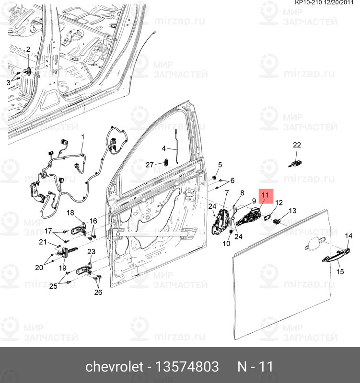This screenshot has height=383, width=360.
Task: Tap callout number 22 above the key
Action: point(297,145)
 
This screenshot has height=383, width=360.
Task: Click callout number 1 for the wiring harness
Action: point(82,137)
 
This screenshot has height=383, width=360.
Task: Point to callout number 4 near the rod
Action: point(163,148)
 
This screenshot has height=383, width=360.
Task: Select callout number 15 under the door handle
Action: point(340,272)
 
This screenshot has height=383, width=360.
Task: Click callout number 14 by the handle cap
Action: point(348,236)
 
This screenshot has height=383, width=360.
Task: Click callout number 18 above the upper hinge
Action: point(70,213)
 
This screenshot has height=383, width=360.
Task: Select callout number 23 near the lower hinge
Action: point(91,252)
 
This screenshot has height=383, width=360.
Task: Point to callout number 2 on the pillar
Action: point(28,50)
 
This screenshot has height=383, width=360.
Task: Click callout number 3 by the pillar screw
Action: point(8,83)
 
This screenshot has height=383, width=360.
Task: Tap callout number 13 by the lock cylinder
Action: point(292,211)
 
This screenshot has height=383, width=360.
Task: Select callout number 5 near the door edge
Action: point(220,165)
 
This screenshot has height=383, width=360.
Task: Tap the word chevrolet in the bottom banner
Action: point(114,367)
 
